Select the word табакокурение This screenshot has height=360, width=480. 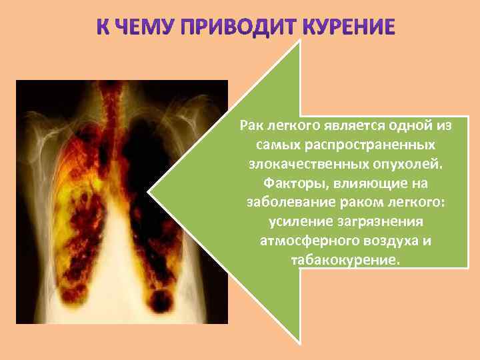click(346, 260)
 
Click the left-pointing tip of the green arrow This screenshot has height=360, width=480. click(149, 194)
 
